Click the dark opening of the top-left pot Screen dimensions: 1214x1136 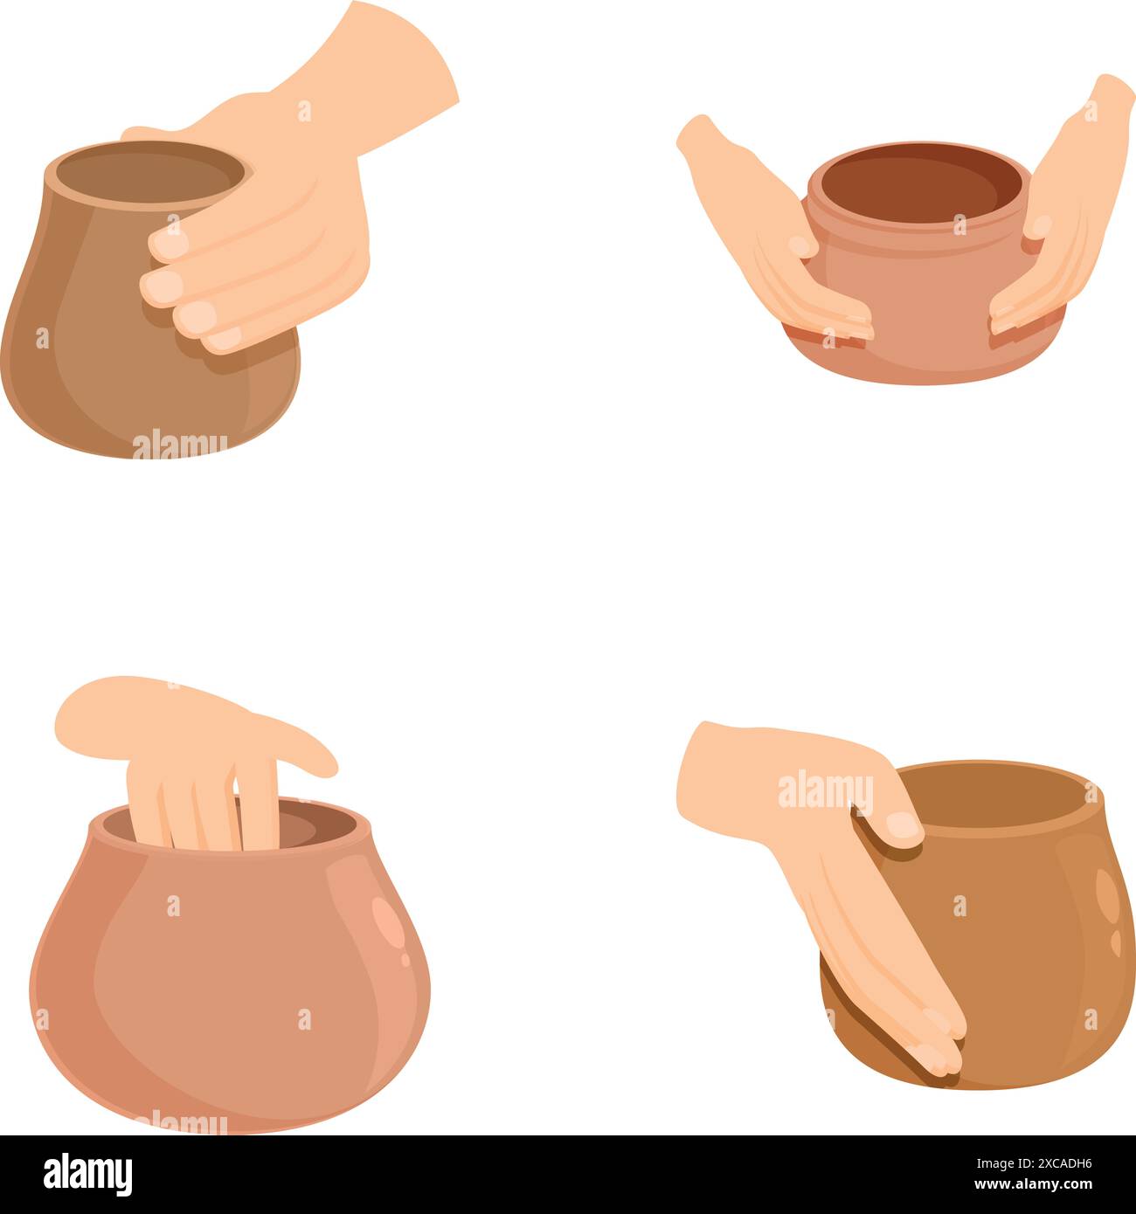coord(149,169)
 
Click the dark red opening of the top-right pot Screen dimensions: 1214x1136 coord(913,183)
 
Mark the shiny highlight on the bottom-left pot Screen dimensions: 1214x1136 coord(388,926)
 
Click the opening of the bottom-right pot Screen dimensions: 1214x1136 coord(996,795)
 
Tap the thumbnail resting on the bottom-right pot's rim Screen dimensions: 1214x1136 coord(900,824)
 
